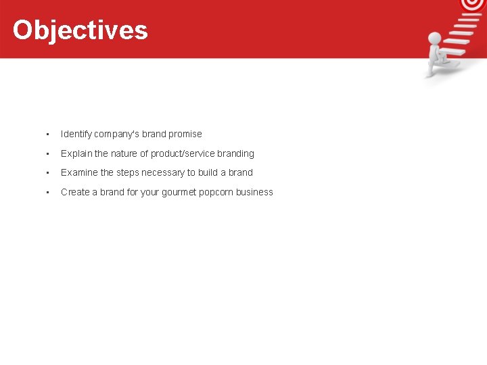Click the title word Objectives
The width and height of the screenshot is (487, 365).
[x=80, y=30]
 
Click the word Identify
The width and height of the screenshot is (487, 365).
[x=76, y=134]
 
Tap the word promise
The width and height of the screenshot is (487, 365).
[x=185, y=134]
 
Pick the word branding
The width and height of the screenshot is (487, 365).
[x=235, y=153]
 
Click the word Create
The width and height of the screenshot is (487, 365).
[x=74, y=192]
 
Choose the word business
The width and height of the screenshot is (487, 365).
[x=254, y=192]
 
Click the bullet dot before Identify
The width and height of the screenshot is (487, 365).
[x=47, y=134]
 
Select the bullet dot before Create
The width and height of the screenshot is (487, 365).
[x=47, y=192]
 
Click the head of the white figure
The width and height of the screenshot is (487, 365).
[x=434, y=38]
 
